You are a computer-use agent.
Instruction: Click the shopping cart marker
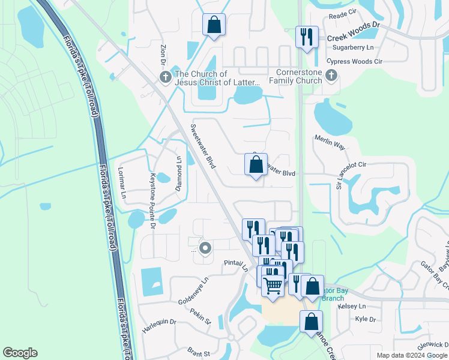[x=273, y=287]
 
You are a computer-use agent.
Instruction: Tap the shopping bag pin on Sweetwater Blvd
[x=256, y=165]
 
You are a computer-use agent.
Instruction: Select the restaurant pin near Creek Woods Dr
[x=307, y=37]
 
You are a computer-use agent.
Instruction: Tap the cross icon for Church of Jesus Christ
[x=165, y=77]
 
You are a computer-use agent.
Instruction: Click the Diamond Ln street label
[x=178, y=172]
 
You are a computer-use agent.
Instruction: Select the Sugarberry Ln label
[x=350, y=47]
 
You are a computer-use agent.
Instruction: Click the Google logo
[x=20, y=353]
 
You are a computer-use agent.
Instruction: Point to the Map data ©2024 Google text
[x=412, y=355]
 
